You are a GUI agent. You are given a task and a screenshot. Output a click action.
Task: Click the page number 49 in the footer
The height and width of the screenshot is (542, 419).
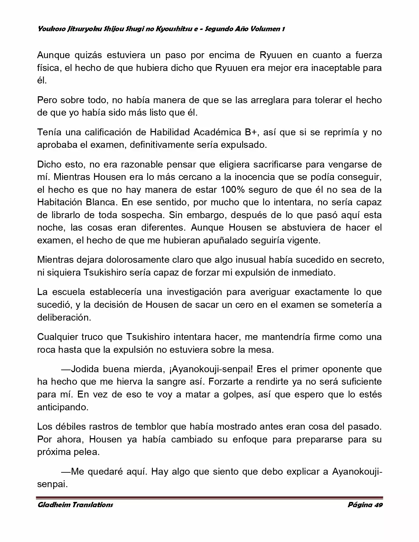(x=379, y=505)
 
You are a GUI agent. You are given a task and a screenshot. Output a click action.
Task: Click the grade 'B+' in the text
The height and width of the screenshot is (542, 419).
(x=252, y=132)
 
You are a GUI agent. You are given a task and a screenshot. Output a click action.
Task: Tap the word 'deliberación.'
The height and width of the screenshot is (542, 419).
(x=64, y=317)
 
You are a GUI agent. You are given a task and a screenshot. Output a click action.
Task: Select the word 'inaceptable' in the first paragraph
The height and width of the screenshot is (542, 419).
(x=335, y=68)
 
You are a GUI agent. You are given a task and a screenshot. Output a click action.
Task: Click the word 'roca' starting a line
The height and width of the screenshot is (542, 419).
(x=46, y=350)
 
